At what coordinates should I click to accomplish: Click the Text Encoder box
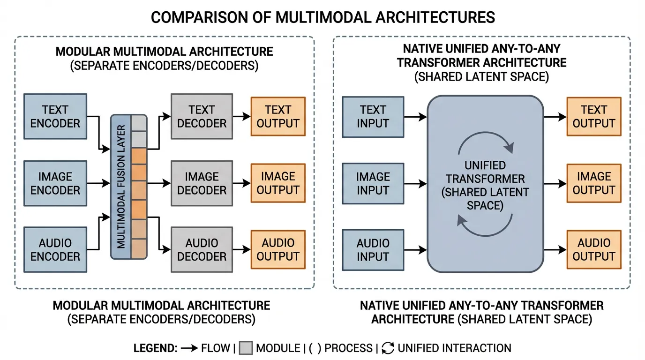(x=55, y=116)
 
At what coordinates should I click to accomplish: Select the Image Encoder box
(x=55, y=183)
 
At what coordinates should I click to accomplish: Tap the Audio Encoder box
(x=55, y=250)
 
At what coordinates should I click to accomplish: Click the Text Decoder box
(x=202, y=116)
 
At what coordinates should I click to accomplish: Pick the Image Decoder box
(x=202, y=183)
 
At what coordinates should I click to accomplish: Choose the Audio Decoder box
(x=202, y=250)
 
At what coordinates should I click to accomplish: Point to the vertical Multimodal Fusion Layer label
(x=121, y=187)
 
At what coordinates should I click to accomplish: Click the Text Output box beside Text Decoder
(x=278, y=116)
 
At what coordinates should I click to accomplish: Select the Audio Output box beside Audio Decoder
(x=278, y=250)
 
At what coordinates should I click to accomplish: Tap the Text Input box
(x=373, y=117)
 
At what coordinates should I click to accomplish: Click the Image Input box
(x=373, y=183)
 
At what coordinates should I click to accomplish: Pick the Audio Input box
(x=373, y=250)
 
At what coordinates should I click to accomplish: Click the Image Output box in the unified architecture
(x=594, y=183)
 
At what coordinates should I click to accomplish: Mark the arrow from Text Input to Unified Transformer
(x=415, y=117)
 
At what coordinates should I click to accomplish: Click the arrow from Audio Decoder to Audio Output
(x=241, y=250)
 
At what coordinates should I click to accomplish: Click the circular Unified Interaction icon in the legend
(x=388, y=348)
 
